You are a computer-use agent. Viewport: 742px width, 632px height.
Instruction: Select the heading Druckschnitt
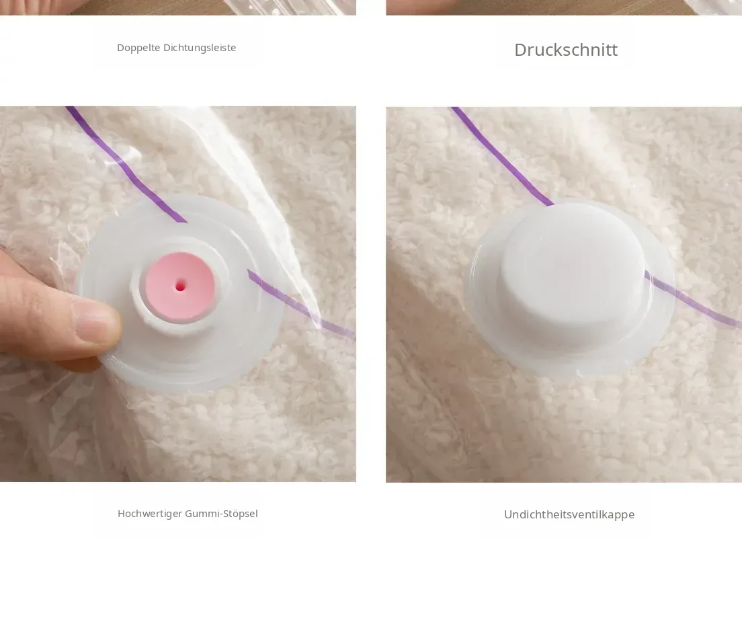tap(566, 50)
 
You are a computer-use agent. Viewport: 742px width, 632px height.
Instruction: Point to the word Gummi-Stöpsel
tap(222, 514)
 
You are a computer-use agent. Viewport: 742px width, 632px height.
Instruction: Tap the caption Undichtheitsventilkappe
tap(569, 514)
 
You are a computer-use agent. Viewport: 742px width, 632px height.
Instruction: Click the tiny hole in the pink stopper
tap(180, 286)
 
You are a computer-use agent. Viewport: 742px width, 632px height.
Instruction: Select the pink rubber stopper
tap(180, 287)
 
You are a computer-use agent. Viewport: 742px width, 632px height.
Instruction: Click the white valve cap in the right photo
tap(573, 274)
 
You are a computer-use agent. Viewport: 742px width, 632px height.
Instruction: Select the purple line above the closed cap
tap(501, 156)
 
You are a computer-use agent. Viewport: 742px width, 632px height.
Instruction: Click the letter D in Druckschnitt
tap(521, 50)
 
